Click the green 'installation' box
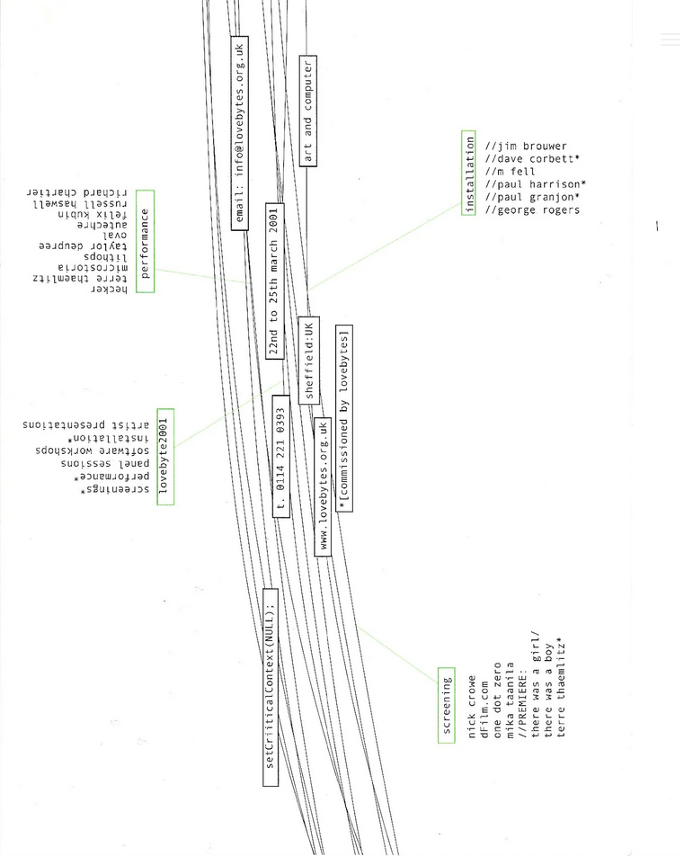[468, 174]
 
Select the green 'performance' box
[145, 241]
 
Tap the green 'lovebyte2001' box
[164, 456]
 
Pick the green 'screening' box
[447, 705]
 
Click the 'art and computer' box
[307, 111]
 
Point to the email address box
[239, 133]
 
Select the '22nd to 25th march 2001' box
[274, 281]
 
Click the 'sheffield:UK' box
[308, 360]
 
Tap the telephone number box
[280, 456]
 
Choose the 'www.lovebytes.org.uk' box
[323, 486]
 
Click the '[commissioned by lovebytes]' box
[343, 418]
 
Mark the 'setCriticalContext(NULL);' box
[271, 687]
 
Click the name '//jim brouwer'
[526, 146]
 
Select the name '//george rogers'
[532, 210]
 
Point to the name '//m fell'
[510, 171]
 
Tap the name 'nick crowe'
[473, 708]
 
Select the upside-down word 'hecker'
[109, 290]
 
